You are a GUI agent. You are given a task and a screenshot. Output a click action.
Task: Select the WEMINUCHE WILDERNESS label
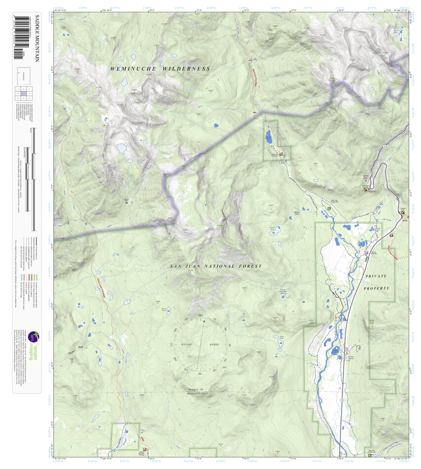pos(160,69)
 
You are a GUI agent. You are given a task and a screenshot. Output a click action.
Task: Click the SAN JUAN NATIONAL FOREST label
pos(216,266)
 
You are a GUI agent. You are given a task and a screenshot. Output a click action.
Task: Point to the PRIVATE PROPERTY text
pos(377,282)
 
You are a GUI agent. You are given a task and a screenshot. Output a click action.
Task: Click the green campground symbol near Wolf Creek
pos(329,209)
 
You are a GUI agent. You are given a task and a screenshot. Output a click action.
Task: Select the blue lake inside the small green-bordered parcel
pos(268,137)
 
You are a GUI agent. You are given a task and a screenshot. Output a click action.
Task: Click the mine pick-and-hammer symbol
pos(127,201)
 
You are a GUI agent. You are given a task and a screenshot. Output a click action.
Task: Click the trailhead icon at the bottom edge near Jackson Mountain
pos(145,449)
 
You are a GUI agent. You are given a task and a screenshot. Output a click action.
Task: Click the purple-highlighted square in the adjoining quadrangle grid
pos(24,93)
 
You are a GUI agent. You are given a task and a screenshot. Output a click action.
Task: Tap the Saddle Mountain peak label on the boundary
pos(170,219)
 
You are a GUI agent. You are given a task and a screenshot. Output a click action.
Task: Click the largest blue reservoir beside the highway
pos(336,351)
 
